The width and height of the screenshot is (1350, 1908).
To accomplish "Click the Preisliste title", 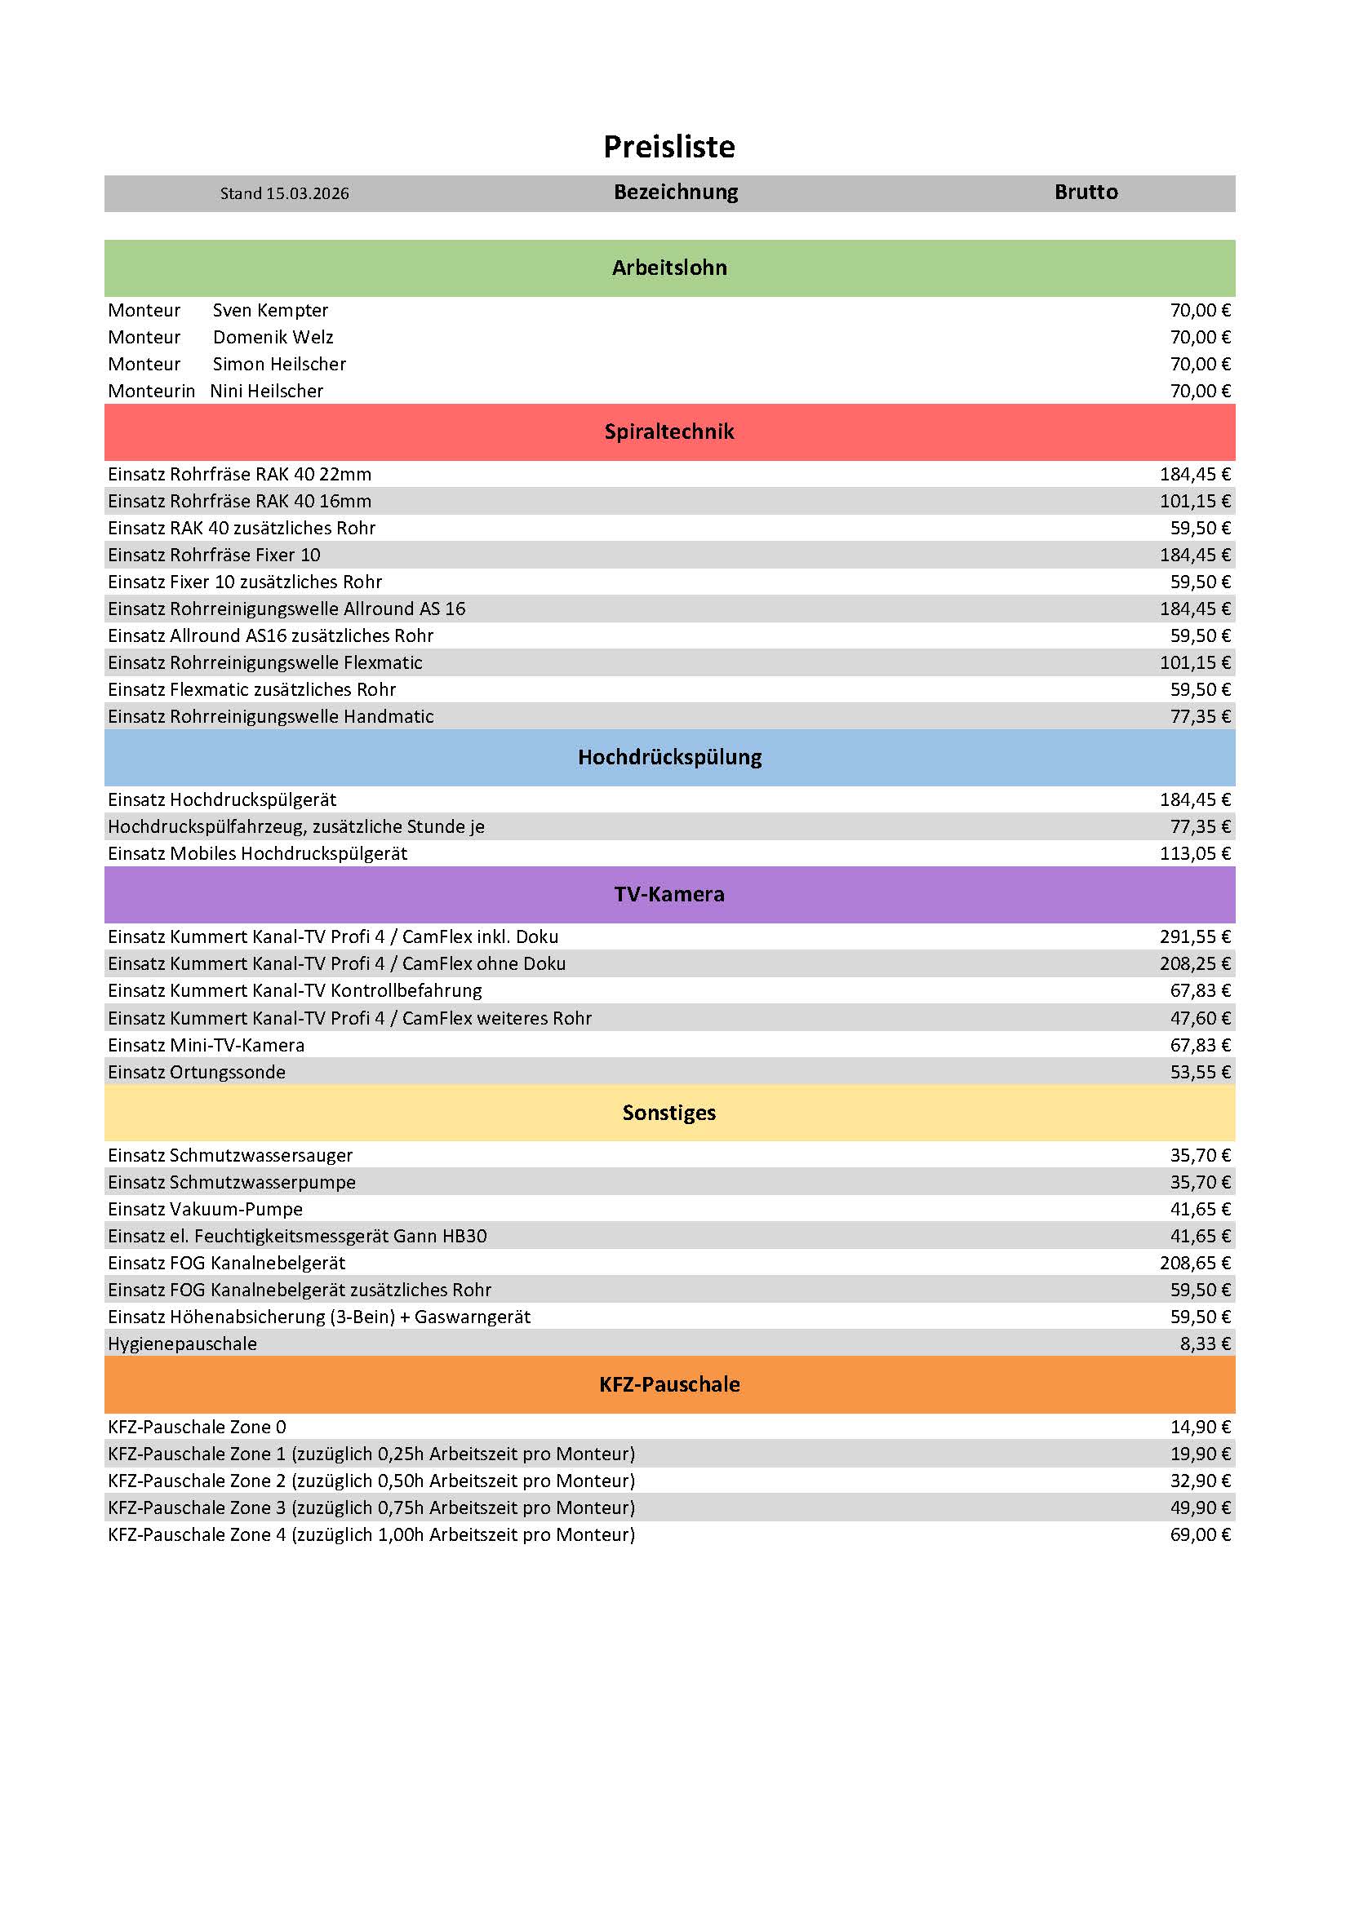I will pos(669,147).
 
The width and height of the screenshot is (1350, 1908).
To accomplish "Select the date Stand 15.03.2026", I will pos(284,193).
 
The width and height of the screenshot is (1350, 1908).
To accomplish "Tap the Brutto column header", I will pos(1086,192).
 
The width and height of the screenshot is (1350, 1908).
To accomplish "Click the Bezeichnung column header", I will pos(676,192).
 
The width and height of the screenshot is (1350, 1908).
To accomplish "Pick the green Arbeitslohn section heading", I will pos(669,268).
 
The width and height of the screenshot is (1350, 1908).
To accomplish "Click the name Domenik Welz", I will pos(273,338).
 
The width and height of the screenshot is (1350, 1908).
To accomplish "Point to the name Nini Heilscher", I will pos(266,392).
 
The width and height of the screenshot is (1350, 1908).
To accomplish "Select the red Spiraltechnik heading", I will pos(669,432).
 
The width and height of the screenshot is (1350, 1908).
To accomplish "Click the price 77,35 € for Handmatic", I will pos(1200,716).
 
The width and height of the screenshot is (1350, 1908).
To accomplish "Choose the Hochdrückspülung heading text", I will pos(669,757).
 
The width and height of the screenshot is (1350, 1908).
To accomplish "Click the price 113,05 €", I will pos(1195,853).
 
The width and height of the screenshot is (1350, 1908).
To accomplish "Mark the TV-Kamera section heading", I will pos(669,894).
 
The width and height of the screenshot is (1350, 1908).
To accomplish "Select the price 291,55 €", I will pos(1195,936).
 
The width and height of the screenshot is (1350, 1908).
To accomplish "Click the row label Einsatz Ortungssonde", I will pos(196,1072).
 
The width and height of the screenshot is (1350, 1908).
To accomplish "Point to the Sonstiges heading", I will pos(669,1113).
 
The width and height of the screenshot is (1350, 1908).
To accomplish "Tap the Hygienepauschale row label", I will pos(182,1344).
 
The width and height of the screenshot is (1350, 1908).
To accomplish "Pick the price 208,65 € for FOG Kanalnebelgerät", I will pos(1195,1263).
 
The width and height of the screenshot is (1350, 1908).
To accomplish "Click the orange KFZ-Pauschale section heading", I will pos(669,1384).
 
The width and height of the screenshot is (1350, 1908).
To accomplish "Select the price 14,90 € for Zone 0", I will pos(1200,1427).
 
